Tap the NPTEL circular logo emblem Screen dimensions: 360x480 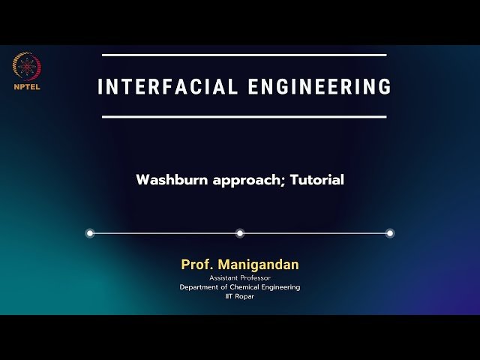coord(27,67)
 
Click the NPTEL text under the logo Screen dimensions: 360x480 coord(27,85)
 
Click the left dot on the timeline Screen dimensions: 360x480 coord(90,233)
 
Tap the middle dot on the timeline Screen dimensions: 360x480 coord(240,233)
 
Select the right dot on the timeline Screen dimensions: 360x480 coord(390,233)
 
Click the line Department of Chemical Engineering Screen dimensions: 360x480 coord(240,287)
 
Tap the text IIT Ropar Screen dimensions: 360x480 coord(240,296)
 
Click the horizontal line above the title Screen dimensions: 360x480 coord(244,55)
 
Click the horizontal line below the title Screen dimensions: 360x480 coord(244,117)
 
